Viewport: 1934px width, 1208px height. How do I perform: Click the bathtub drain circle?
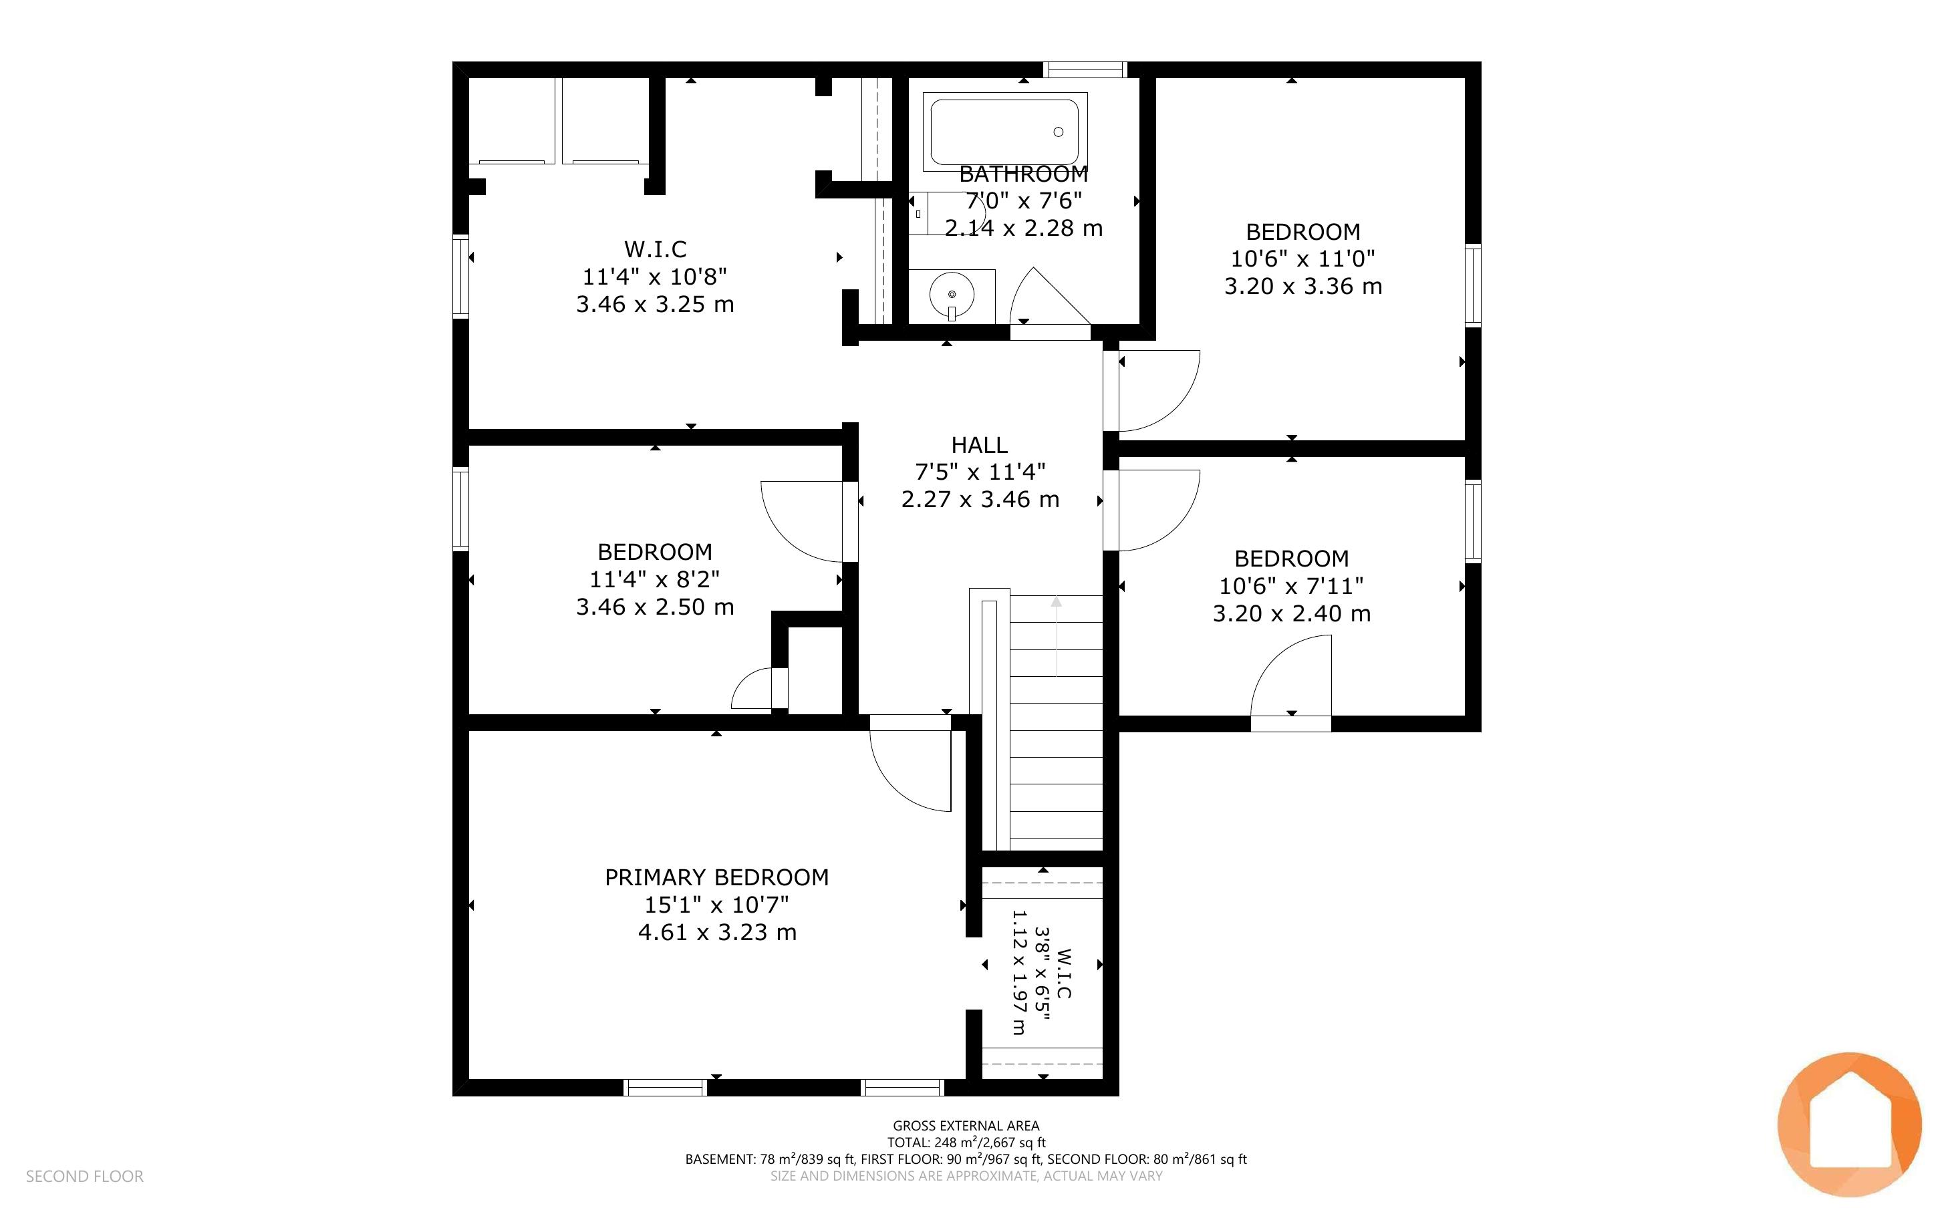point(1059,132)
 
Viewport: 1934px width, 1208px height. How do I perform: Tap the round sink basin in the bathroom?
point(952,294)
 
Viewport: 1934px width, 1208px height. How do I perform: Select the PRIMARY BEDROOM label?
point(716,877)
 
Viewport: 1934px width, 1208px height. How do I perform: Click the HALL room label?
point(980,444)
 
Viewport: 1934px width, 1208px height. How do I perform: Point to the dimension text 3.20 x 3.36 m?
point(1303,286)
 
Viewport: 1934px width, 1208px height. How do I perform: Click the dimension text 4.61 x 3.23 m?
point(717,932)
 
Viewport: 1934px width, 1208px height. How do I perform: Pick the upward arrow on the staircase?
point(1057,636)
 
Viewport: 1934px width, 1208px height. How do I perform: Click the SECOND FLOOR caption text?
point(85,1176)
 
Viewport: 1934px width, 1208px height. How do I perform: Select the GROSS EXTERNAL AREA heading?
point(966,1126)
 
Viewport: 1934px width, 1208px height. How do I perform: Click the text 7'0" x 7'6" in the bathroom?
point(1023,200)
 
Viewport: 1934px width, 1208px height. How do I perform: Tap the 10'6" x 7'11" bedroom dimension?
point(1291,587)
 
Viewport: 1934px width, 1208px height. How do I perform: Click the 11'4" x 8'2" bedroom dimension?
point(654,579)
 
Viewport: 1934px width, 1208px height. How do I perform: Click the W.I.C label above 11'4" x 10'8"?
point(655,249)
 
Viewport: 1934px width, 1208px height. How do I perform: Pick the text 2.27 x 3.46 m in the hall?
point(980,499)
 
